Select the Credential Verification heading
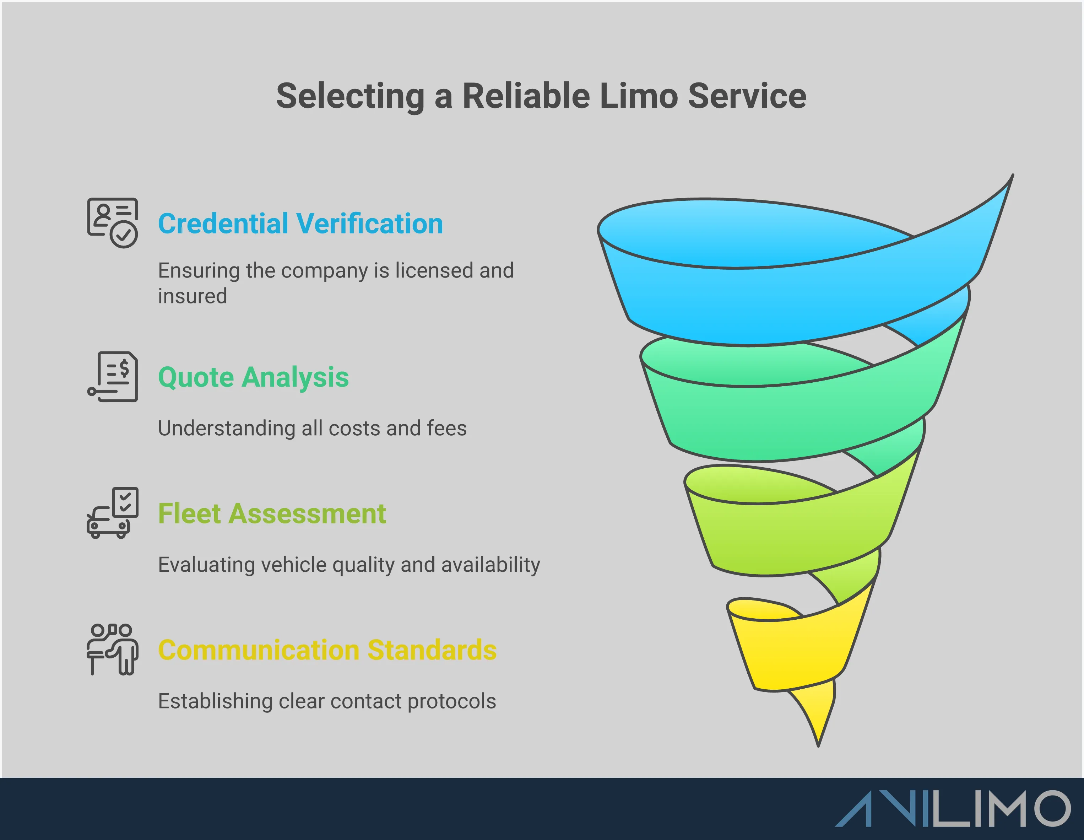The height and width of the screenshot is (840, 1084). coord(300,224)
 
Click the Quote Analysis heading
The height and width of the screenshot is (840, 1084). coord(253,377)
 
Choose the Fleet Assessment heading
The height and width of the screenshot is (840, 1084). coord(271,513)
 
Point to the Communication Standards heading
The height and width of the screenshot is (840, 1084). coord(327,650)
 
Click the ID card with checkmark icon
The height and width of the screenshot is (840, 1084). coord(113,223)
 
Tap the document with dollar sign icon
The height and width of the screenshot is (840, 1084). coord(113,377)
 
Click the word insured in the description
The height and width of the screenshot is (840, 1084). coord(193,296)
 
